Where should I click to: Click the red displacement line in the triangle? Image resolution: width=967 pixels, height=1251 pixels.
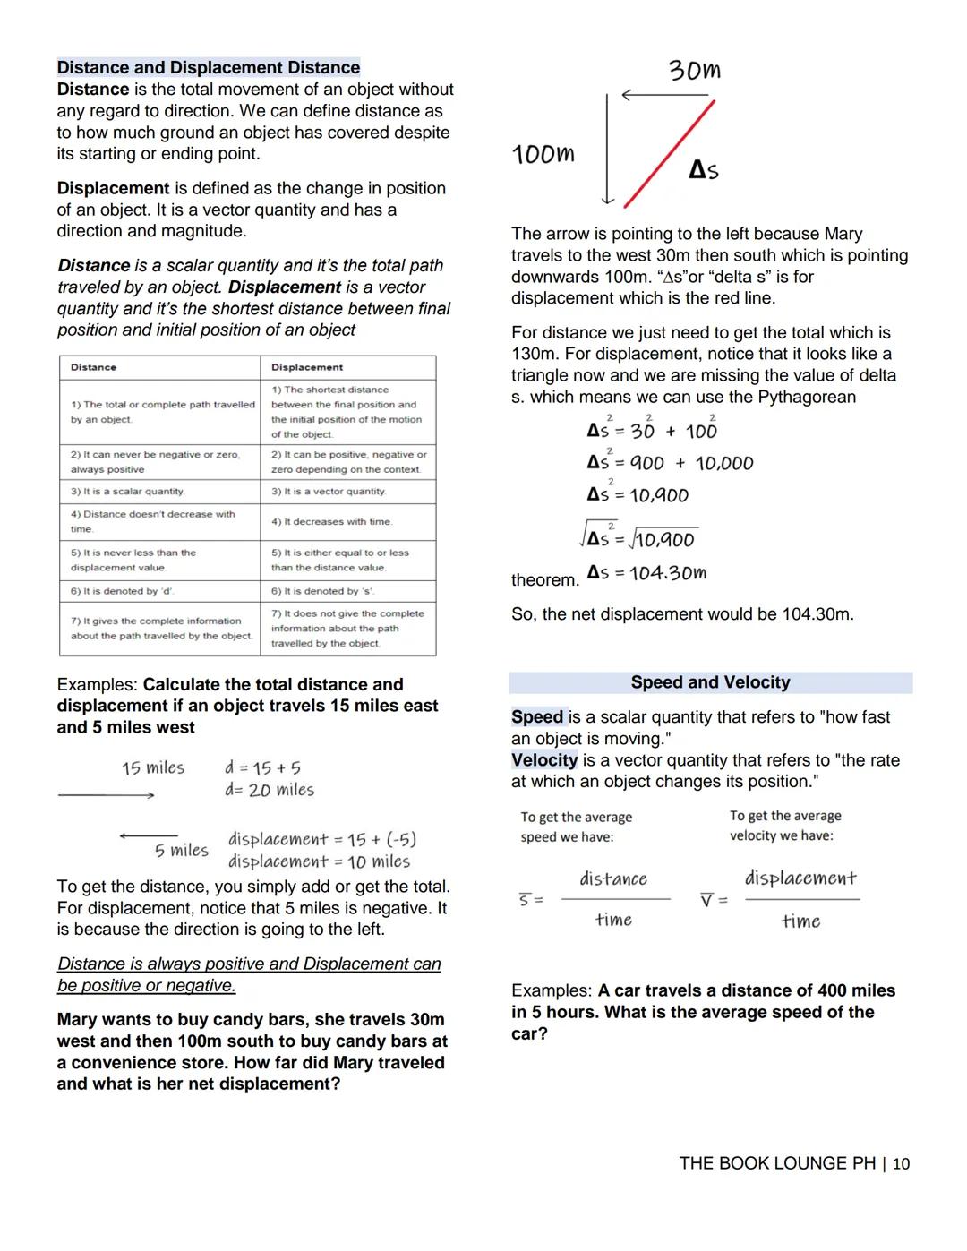[x=669, y=154]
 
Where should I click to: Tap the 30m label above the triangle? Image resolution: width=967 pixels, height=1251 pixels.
[x=694, y=71]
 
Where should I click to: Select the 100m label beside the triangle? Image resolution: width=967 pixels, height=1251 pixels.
[x=543, y=154]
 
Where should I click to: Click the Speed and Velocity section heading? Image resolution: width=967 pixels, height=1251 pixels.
[x=710, y=682]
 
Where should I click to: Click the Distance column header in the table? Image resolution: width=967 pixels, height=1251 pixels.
[x=94, y=367]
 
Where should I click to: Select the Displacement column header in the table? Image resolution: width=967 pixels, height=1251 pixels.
[x=307, y=367]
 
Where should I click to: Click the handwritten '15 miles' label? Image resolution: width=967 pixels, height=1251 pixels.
[x=153, y=768]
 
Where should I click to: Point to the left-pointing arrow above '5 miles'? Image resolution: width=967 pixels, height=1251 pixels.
[x=148, y=836]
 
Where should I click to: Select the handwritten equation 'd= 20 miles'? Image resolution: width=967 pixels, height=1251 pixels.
[x=270, y=790]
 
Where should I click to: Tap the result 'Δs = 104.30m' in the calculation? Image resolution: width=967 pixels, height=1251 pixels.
[x=646, y=572]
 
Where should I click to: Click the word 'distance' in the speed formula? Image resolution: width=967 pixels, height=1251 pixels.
[x=613, y=879]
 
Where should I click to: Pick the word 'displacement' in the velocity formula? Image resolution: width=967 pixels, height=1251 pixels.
[x=800, y=878]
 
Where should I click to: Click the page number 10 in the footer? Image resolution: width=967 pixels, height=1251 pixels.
[x=901, y=1163]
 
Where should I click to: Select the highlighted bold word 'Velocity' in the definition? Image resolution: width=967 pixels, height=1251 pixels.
[x=544, y=760]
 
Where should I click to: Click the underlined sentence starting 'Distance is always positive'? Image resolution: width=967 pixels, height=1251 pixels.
[x=249, y=974]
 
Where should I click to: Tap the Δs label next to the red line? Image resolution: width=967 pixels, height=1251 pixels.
[x=704, y=169]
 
